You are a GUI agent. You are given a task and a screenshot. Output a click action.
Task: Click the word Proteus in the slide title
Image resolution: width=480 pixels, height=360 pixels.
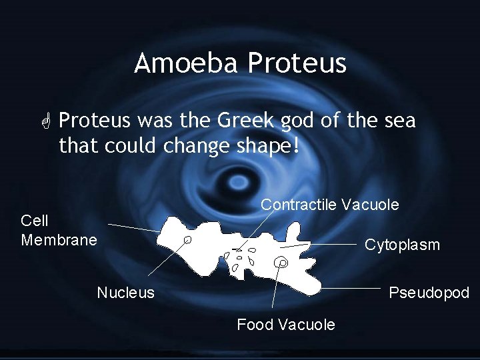pos(297,63)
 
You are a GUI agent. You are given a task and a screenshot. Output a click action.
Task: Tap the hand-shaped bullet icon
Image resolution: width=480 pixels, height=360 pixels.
pos(46,122)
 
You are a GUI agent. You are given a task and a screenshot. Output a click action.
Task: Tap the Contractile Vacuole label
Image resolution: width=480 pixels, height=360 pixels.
pos(329,205)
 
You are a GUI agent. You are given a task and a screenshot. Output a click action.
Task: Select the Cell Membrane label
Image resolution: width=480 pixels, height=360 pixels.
pos(59,230)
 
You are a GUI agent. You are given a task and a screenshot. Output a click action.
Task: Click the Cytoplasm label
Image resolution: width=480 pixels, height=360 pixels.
pos(401,245)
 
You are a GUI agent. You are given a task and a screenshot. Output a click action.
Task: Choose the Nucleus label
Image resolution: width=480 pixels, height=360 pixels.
pos(125,293)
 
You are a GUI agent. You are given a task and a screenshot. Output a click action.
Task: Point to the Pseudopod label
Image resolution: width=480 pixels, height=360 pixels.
pos(429,293)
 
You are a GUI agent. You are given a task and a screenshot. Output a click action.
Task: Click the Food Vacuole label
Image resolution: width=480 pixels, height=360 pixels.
pos(285,325)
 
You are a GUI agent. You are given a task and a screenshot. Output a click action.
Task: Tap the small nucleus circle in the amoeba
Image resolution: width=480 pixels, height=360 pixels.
pos(188,239)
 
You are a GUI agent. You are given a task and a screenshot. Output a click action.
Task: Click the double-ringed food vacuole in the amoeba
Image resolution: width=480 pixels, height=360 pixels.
pos(282,263)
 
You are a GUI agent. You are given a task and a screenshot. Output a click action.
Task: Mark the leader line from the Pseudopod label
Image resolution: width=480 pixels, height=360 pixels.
pos(353,288)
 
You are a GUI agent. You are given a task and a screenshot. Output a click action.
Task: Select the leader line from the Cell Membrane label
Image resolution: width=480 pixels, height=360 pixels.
pos(133,227)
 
